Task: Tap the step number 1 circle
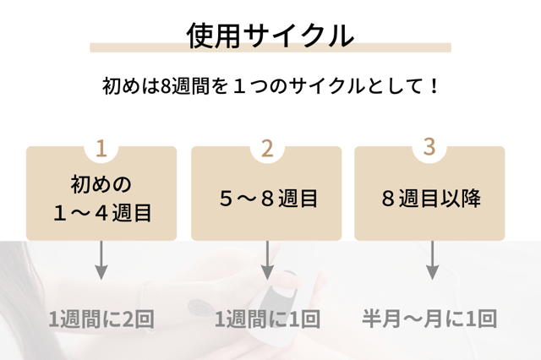[101, 149]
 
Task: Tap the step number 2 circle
[267, 149]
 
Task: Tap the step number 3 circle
[429, 147]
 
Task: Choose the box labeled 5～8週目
[267, 199]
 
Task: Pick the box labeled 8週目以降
[429, 199]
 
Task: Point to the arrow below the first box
[101, 259]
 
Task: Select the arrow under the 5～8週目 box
[267, 259]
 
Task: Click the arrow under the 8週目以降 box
[432, 259]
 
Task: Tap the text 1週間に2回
[101, 319]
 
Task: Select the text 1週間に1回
[267, 319]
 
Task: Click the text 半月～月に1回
[429, 319]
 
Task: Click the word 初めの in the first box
[101, 183]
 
